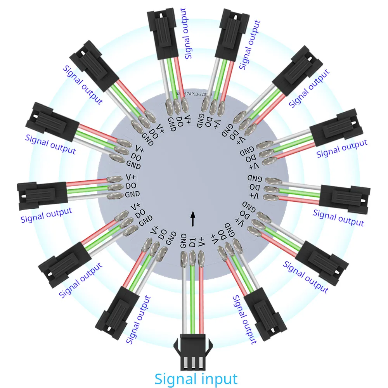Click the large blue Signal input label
[x=196, y=378]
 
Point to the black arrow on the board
[x=193, y=219]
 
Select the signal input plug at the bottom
[x=192, y=351]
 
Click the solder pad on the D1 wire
[x=192, y=258]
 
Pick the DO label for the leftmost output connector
[x=130, y=186]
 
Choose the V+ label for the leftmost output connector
[x=130, y=177]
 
